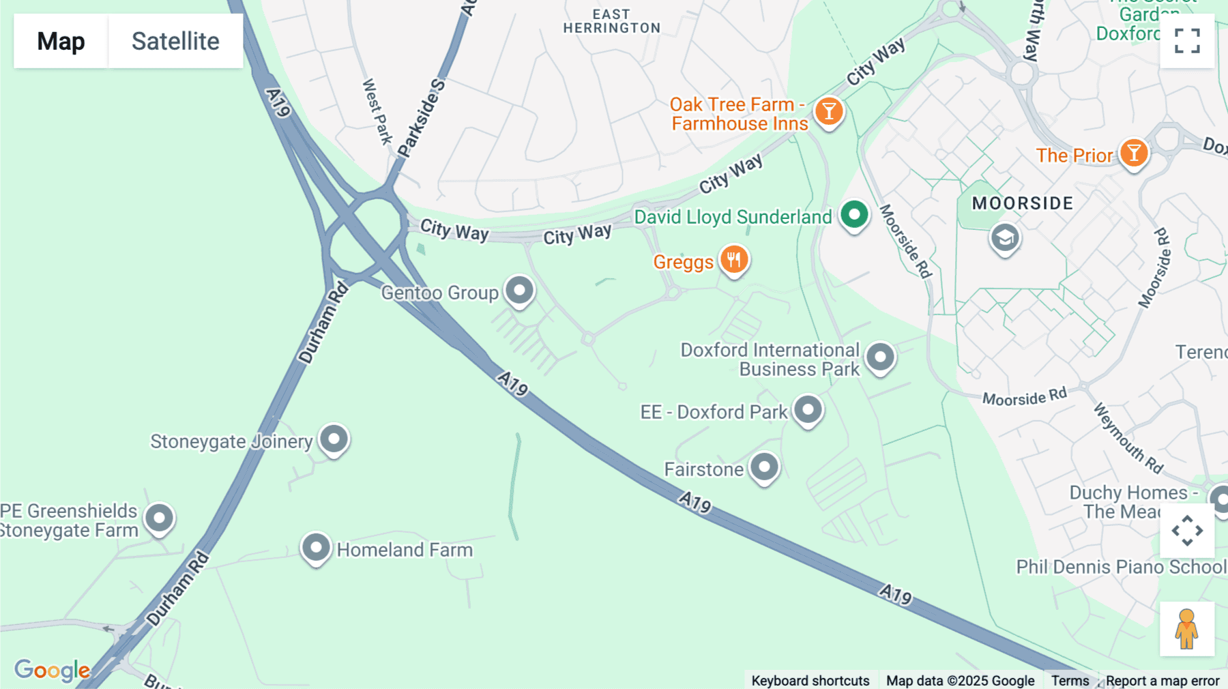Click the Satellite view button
coord(175,41)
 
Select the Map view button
coord(61,41)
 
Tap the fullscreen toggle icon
coord(1187,41)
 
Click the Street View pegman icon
coord(1186,628)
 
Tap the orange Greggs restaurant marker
coord(734,260)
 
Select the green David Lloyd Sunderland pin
coord(853,215)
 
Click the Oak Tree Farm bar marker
coord(829,111)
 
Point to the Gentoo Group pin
coord(519,291)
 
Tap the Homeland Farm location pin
coord(316,548)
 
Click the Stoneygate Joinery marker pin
coord(334,439)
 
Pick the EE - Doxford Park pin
coord(808,411)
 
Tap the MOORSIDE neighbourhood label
coord(1022,203)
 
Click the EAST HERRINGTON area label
coord(611,21)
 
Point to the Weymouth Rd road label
coord(1128,439)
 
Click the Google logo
coord(52,670)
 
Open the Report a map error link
coord(1163,681)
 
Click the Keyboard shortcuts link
coord(810,681)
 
